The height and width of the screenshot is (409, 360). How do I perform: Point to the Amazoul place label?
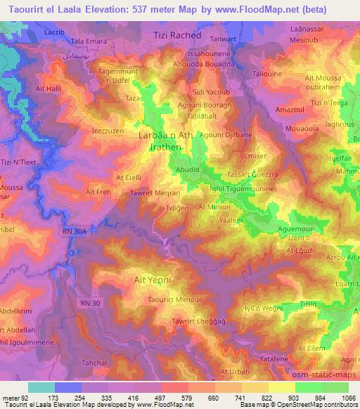tap(290, 111)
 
